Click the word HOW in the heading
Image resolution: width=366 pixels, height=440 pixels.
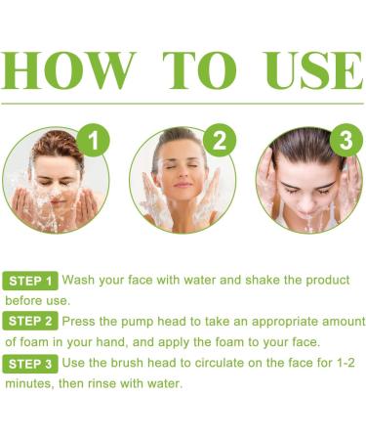click(x=68, y=70)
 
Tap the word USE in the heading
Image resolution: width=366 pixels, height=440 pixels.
click(x=314, y=70)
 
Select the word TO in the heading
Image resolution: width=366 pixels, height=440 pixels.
click(x=199, y=70)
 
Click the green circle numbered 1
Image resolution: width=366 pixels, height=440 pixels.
click(x=94, y=140)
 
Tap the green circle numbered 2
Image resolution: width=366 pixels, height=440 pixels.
click(x=220, y=140)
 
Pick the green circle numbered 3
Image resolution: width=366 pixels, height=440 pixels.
click(x=346, y=140)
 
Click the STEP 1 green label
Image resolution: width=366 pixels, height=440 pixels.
click(x=30, y=281)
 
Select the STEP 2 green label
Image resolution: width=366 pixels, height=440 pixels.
click(x=30, y=321)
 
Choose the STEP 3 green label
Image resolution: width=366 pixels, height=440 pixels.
click(x=30, y=364)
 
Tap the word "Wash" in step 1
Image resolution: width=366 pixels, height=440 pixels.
click(x=79, y=280)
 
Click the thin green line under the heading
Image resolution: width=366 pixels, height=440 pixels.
click(x=183, y=104)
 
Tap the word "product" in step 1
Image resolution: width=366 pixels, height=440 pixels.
click(x=328, y=281)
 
